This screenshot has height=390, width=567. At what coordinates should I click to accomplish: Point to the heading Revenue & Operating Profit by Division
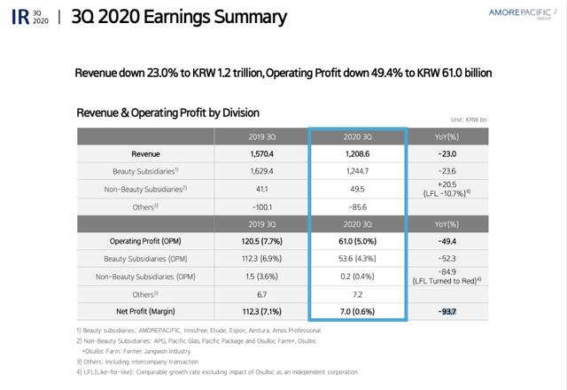click(168, 113)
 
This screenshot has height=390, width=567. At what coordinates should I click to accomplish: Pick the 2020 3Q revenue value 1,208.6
click(357, 153)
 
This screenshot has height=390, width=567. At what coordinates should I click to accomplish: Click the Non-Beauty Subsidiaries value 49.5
click(357, 188)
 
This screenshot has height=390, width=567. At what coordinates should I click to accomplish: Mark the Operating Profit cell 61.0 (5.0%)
click(357, 240)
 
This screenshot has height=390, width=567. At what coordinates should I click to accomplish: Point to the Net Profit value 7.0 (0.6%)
click(357, 310)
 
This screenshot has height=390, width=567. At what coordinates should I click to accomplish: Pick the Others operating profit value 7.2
click(357, 292)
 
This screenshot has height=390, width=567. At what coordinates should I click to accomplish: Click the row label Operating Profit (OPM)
click(146, 240)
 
